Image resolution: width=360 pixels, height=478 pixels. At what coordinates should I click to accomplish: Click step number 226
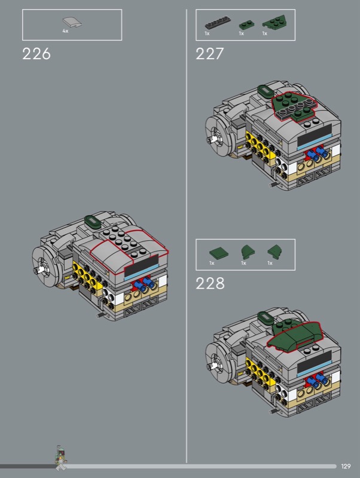(36, 54)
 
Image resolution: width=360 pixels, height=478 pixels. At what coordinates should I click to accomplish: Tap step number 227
(209, 54)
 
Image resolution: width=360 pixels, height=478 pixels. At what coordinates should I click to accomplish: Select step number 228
(210, 283)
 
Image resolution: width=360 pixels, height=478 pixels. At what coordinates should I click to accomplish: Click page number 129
(346, 466)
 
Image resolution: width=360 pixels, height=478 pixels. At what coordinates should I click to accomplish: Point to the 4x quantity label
(65, 31)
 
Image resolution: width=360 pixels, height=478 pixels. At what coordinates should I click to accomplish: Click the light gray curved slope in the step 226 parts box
(72, 22)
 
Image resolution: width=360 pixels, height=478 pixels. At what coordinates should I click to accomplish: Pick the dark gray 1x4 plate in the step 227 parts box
(218, 23)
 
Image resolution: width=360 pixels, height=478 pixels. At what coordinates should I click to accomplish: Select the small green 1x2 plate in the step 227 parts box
(247, 25)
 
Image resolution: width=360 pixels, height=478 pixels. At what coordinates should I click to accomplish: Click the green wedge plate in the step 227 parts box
(274, 22)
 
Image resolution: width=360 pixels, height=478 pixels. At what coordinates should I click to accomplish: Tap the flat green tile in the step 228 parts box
(219, 253)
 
